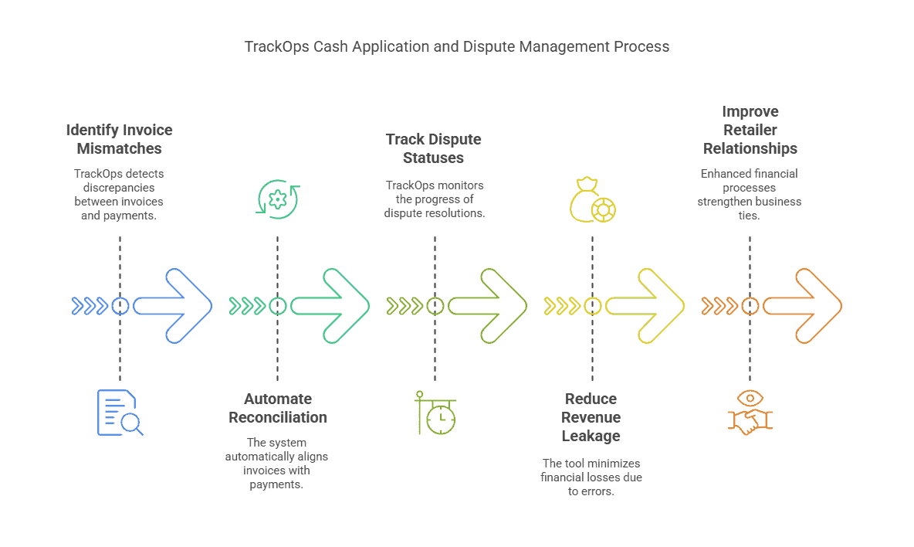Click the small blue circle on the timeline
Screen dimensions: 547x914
click(120, 306)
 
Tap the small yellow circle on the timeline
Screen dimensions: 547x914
click(593, 306)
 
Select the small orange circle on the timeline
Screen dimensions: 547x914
click(750, 306)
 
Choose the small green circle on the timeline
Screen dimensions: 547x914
click(278, 306)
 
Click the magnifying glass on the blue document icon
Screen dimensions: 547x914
click(132, 423)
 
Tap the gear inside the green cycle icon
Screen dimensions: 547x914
click(276, 200)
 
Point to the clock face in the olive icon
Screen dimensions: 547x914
click(441, 420)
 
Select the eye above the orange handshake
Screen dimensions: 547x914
click(750, 398)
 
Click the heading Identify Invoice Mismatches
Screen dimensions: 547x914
click(119, 139)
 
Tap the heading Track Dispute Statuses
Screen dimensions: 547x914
click(434, 148)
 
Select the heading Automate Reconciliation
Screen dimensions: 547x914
click(278, 409)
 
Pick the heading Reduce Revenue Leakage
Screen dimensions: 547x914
click(592, 417)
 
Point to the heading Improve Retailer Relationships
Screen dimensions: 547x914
click(750, 130)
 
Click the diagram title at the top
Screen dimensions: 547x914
click(457, 46)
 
